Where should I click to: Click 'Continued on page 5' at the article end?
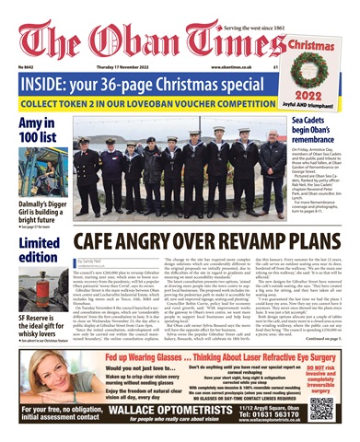pyautogui.click(x=327, y=353)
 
